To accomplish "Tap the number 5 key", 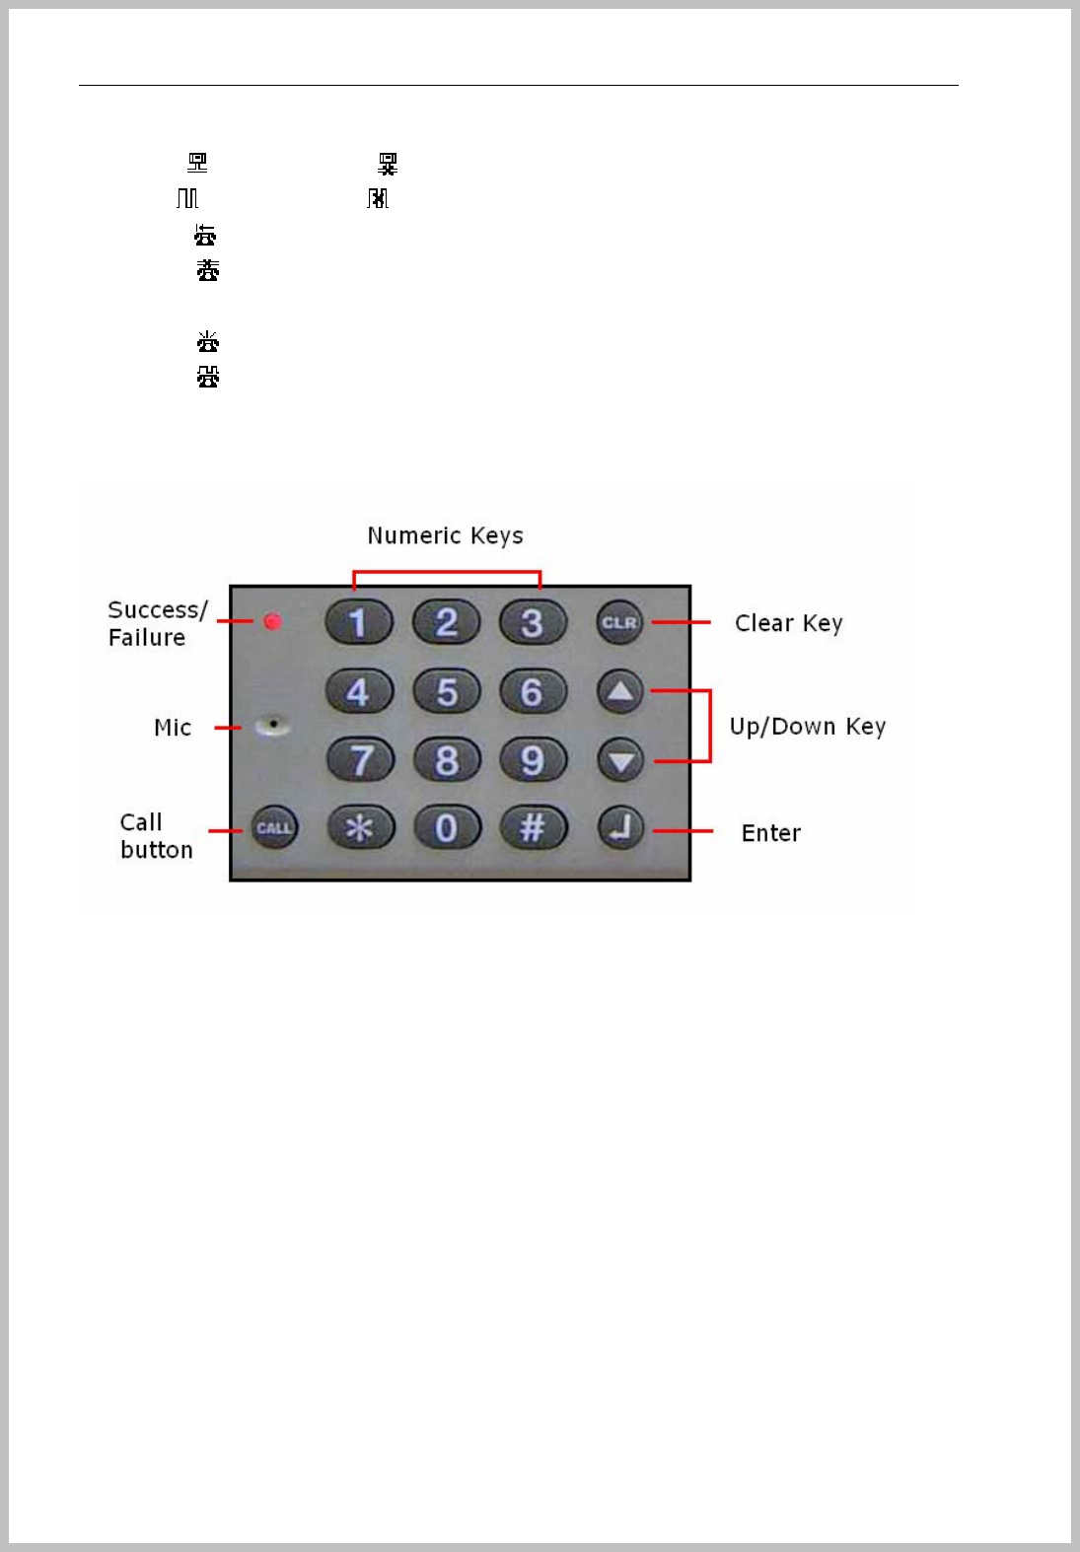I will [447, 691].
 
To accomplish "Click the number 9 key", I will [533, 760].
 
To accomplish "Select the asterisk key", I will [360, 827].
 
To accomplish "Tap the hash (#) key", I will [533, 827].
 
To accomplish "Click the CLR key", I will [619, 622].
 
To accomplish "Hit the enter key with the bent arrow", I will [620, 828].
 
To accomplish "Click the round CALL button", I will [274, 828].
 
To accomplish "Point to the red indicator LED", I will [273, 621].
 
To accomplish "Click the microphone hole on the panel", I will [272, 726].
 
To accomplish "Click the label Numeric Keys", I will [445, 535].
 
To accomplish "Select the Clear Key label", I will [788, 623].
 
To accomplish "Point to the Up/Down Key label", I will [807, 727].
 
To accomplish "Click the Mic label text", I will [173, 728].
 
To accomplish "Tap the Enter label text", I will [770, 833].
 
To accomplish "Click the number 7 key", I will [360, 760].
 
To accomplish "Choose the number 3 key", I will [533, 622].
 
